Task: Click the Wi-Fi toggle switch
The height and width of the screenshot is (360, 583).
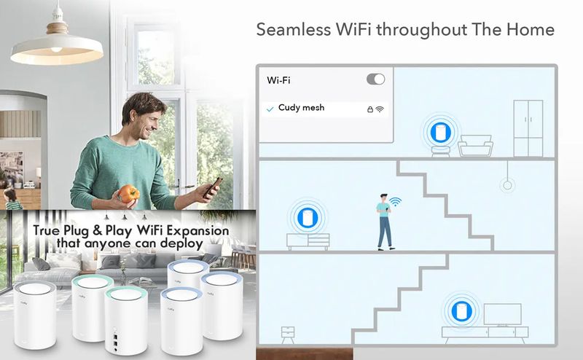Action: pyautogui.click(x=375, y=79)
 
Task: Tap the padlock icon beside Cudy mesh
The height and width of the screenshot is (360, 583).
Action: pyautogui.click(x=370, y=109)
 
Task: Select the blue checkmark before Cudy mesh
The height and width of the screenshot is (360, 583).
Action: pyautogui.click(x=270, y=109)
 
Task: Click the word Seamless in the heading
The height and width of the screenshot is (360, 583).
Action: pyautogui.click(x=294, y=29)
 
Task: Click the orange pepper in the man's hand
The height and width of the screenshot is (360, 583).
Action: pyautogui.click(x=129, y=194)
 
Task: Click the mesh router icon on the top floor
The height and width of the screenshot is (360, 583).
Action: pyautogui.click(x=441, y=132)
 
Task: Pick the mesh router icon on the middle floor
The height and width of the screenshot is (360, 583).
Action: pyautogui.click(x=308, y=218)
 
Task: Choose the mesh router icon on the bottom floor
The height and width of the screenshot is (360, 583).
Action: pyautogui.click(x=462, y=311)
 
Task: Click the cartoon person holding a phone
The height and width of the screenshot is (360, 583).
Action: pyautogui.click(x=385, y=222)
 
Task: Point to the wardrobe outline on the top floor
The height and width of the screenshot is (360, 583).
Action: pyautogui.click(x=528, y=128)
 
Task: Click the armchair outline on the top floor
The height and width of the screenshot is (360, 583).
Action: pyautogui.click(x=475, y=146)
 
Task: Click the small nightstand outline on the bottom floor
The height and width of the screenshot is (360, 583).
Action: pyautogui.click(x=288, y=334)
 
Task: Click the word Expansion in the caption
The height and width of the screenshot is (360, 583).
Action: pyautogui.click(x=197, y=230)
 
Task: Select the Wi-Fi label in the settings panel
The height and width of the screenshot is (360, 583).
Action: pyautogui.click(x=278, y=80)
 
